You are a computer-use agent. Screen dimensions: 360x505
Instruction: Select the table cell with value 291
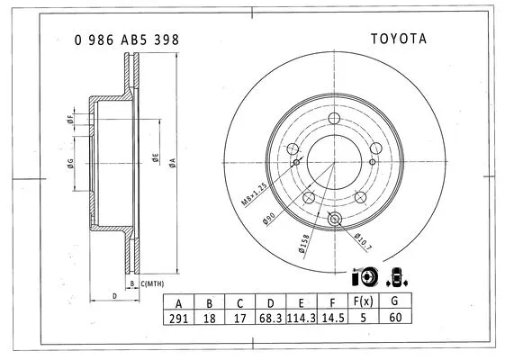[x=178, y=319]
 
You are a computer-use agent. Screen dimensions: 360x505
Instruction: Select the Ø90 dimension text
[x=269, y=217]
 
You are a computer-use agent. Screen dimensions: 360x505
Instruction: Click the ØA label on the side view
[x=172, y=161]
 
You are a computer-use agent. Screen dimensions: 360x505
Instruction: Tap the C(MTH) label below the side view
[x=149, y=284]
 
